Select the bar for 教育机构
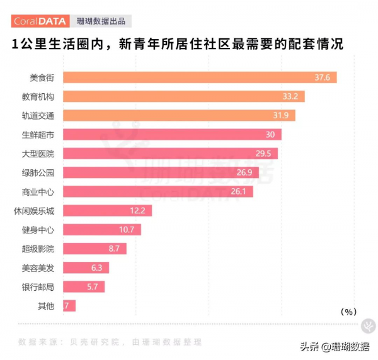[x=176, y=96]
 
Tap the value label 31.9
[x=283, y=116]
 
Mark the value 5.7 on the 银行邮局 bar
[x=92, y=287]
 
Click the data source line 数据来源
[x=110, y=342]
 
